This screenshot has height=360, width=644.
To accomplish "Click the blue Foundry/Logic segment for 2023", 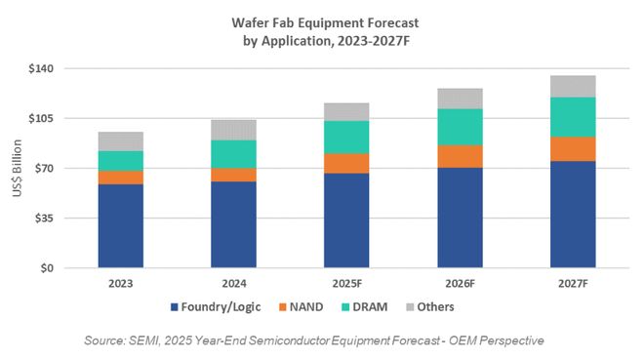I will tap(120, 225).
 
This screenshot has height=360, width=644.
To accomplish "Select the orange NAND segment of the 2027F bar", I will tap(573, 148).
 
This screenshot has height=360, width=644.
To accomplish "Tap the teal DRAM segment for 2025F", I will tap(346, 137).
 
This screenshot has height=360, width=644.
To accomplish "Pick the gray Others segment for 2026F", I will tap(460, 98).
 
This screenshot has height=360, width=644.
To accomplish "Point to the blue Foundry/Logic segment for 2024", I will tap(233, 224).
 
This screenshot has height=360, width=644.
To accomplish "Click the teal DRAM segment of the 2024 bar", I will tap(233, 154).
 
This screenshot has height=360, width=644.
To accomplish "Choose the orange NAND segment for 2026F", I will tap(460, 156).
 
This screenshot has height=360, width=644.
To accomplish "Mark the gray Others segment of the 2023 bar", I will tap(120, 141).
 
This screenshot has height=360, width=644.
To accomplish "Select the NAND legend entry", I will tap(311, 306).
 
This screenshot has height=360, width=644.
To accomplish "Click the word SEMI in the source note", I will tap(167, 340).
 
